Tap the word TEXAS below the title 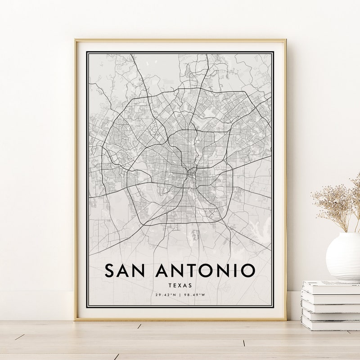180,285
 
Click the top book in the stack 331,287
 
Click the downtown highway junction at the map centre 190,171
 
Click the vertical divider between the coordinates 180,295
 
